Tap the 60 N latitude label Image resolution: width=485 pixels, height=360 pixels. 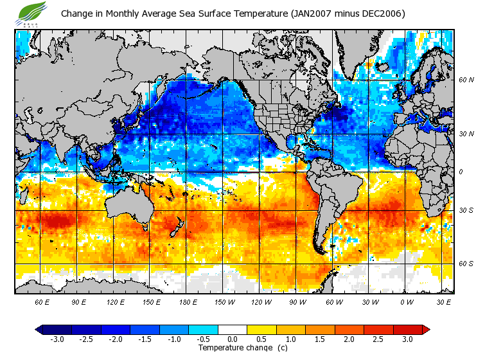tap(466, 80)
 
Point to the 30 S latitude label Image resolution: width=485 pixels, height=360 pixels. tap(466, 211)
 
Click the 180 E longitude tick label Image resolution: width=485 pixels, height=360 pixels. tap(188, 301)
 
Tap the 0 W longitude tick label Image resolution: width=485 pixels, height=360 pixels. tap(406, 301)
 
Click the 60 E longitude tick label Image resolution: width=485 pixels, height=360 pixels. tap(42, 301)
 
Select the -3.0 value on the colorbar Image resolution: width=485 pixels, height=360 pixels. tap(57, 339)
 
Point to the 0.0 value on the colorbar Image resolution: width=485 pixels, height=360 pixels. tap(233, 339)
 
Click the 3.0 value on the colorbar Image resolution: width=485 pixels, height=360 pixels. tap(407, 339)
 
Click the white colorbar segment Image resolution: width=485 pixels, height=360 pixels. tap(233, 329)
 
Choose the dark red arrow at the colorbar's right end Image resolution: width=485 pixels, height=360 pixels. tap(425, 329)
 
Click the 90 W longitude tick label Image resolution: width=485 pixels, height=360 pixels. tap(297, 301)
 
